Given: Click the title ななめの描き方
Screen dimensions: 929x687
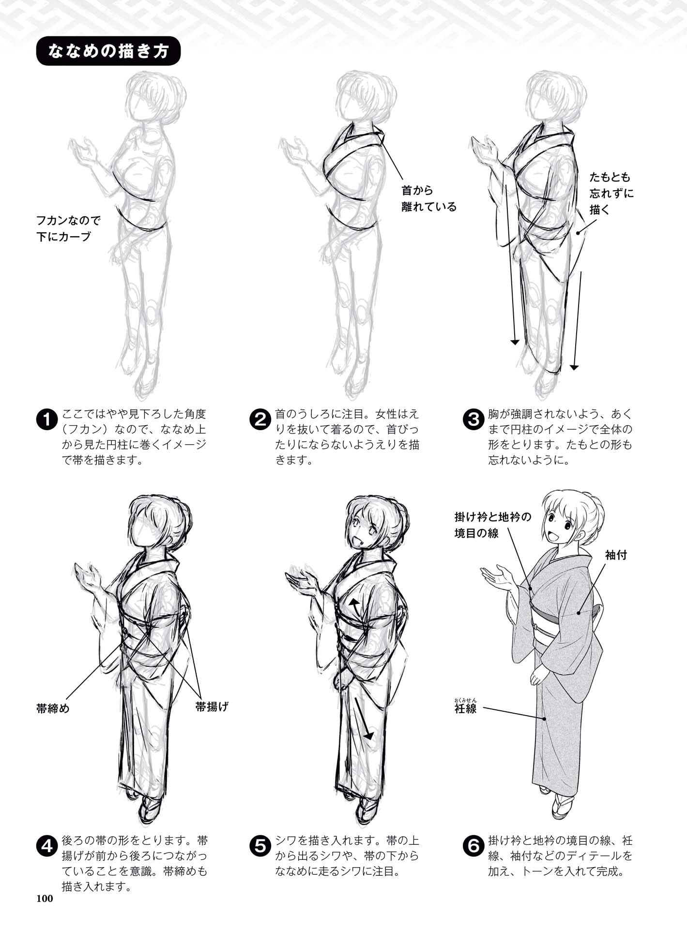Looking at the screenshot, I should click(x=108, y=51).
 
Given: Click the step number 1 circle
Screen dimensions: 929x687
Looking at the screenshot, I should click(x=47, y=420).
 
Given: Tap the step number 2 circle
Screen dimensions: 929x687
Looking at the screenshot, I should click(x=260, y=420).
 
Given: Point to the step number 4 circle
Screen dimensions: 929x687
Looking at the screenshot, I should click(x=47, y=846).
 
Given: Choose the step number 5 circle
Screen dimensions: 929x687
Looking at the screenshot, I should click(x=260, y=846).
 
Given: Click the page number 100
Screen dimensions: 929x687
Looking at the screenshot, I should click(x=44, y=899).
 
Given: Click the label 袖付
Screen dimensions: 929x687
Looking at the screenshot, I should click(x=616, y=555).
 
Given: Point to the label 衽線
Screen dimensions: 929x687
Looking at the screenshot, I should click(x=466, y=709).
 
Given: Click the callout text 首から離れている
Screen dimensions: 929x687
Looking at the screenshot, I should click(x=428, y=199).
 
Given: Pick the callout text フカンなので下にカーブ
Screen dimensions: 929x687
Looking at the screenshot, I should click(x=68, y=229).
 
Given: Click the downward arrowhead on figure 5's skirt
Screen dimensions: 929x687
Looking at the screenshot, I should click(x=369, y=735).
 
